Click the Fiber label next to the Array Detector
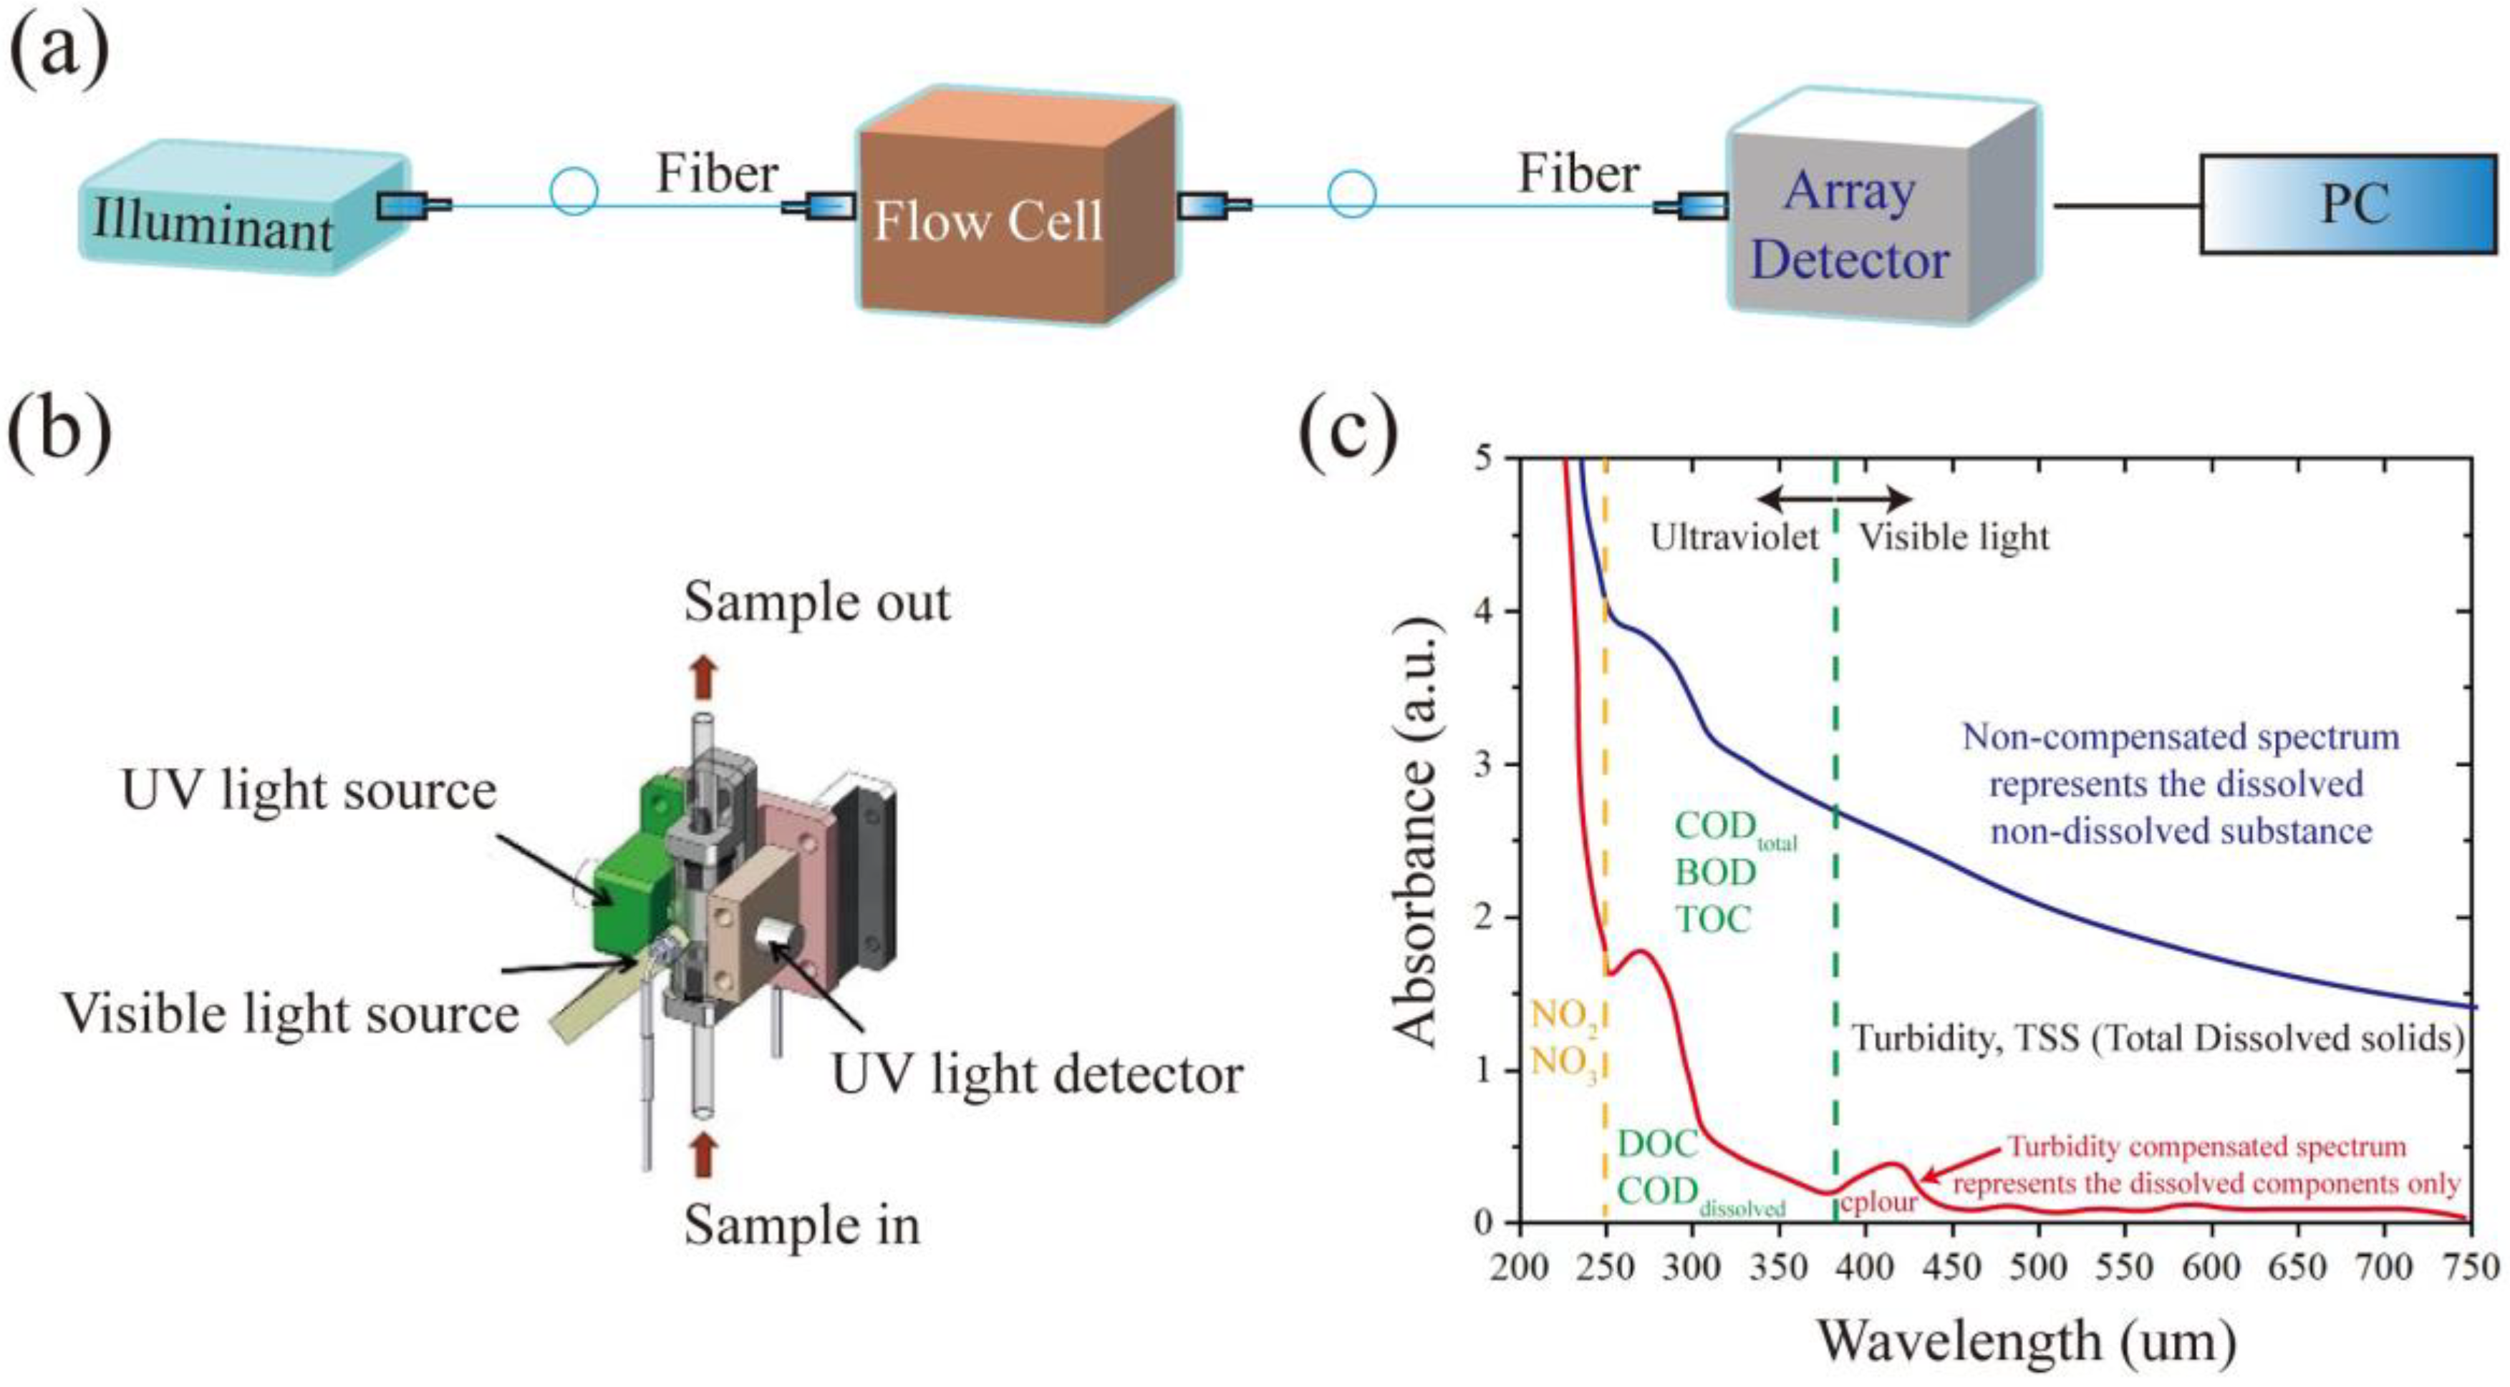1578,175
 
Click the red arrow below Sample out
703,676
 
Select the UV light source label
308,791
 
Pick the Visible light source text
290,1015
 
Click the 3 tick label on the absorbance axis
1483,764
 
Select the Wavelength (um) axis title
2026,1340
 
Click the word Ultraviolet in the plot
1734,537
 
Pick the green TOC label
1713,918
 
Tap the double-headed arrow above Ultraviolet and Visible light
1834,500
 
